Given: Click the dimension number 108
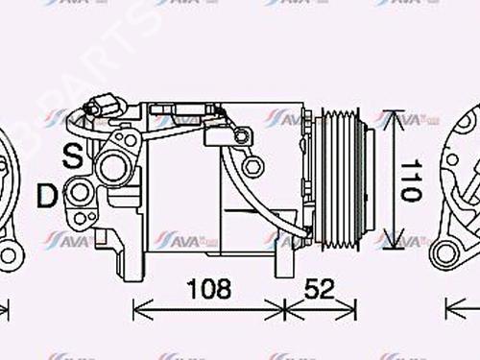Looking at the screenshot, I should [x=208, y=287].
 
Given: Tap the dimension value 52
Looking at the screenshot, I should [x=323, y=287].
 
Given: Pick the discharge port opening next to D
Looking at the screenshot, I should [x=82, y=195].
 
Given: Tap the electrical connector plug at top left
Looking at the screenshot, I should [x=99, y=108].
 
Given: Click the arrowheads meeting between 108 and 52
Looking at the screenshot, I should [x=285, y=309].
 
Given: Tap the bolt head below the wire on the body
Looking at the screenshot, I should [x=253, y=168].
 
